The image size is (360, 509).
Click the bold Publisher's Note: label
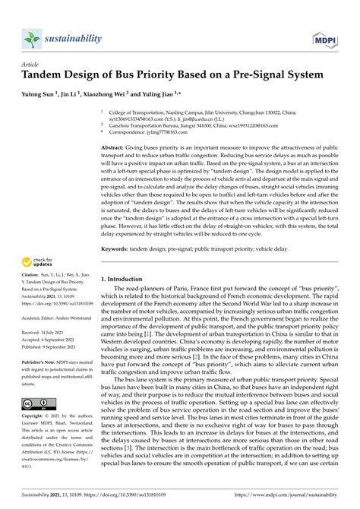(x=40, y=363)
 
